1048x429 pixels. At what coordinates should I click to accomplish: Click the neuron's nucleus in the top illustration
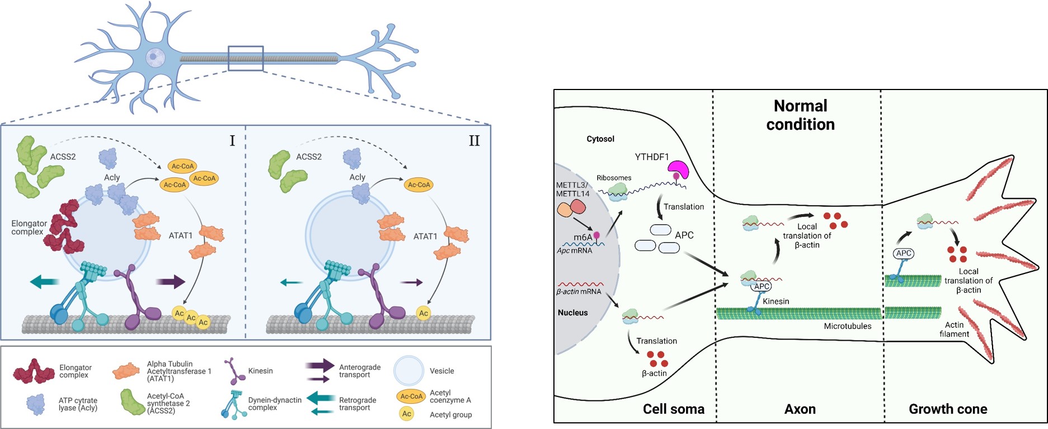(x=155, y=56)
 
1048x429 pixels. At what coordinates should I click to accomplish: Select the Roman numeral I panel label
(x=232, y=140)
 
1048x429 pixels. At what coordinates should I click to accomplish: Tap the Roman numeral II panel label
(x=474, y=140)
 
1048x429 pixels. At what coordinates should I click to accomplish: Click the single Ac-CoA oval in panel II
(x=419, y=185)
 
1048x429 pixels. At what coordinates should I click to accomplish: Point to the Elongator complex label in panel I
(x=29, y=228)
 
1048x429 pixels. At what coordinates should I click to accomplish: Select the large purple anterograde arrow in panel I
(x=170, y=281)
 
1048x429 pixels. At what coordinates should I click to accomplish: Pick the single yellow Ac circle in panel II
(x=424, y=313)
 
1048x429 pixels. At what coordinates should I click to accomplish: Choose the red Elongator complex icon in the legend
(x=34, y=371)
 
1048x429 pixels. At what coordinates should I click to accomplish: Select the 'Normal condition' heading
(x=800, y=115)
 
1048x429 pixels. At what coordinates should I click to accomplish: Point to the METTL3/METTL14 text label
(x=572, y=190)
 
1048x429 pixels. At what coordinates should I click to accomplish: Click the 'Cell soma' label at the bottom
(x=673, y=409)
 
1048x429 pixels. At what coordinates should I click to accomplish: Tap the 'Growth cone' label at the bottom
(x=947, y=409)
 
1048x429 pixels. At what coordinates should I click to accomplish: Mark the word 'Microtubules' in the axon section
(x=847, y=326)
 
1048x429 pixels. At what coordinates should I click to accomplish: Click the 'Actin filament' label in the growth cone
(x=954, y=329)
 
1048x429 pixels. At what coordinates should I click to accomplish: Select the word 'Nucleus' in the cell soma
(x=572, y=313)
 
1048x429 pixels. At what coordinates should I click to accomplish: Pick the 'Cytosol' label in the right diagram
(x=600, y=139)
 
